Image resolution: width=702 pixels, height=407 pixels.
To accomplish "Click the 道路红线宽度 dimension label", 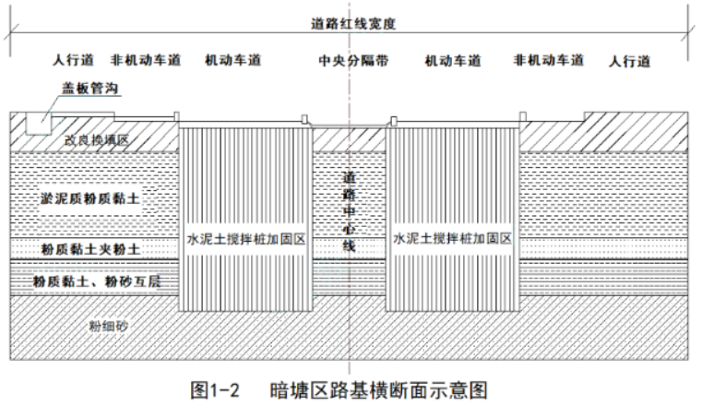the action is point(353,23).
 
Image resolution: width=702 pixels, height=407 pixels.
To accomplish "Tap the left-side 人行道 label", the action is point(73,60).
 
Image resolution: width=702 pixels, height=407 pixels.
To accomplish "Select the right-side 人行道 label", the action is point(629,61).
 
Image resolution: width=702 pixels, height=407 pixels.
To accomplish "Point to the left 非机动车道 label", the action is point(146,60).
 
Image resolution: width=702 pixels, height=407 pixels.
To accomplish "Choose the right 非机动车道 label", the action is point(549,60).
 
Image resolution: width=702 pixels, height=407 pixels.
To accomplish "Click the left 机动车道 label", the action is point(232,60).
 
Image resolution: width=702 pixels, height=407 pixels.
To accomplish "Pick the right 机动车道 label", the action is point(453,60).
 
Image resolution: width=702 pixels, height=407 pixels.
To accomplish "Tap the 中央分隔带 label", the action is point(353,60).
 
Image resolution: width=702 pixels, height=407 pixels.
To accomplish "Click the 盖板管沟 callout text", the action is point(90,88).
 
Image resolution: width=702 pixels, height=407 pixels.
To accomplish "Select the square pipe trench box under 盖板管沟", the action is point(39,123).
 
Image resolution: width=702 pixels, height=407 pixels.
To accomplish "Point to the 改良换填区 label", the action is point(97,140).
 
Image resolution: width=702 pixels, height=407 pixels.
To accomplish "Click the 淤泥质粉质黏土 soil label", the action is point(90,198).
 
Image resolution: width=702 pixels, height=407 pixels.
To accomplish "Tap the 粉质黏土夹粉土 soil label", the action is point(91,249).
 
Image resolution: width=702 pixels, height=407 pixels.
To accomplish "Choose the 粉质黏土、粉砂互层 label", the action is point(97,281).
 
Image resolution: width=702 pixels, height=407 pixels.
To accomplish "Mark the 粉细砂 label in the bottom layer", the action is point(108,326).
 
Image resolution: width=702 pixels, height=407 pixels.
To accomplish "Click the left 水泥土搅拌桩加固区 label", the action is point(245,239).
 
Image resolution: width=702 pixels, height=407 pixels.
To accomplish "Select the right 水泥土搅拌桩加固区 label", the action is point(452,238).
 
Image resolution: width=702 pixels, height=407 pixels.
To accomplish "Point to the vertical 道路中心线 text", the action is point(349,211).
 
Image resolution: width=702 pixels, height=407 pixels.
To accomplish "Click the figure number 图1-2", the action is point(214,390).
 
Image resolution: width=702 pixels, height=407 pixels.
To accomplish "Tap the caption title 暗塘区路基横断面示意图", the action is point(378,390).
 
